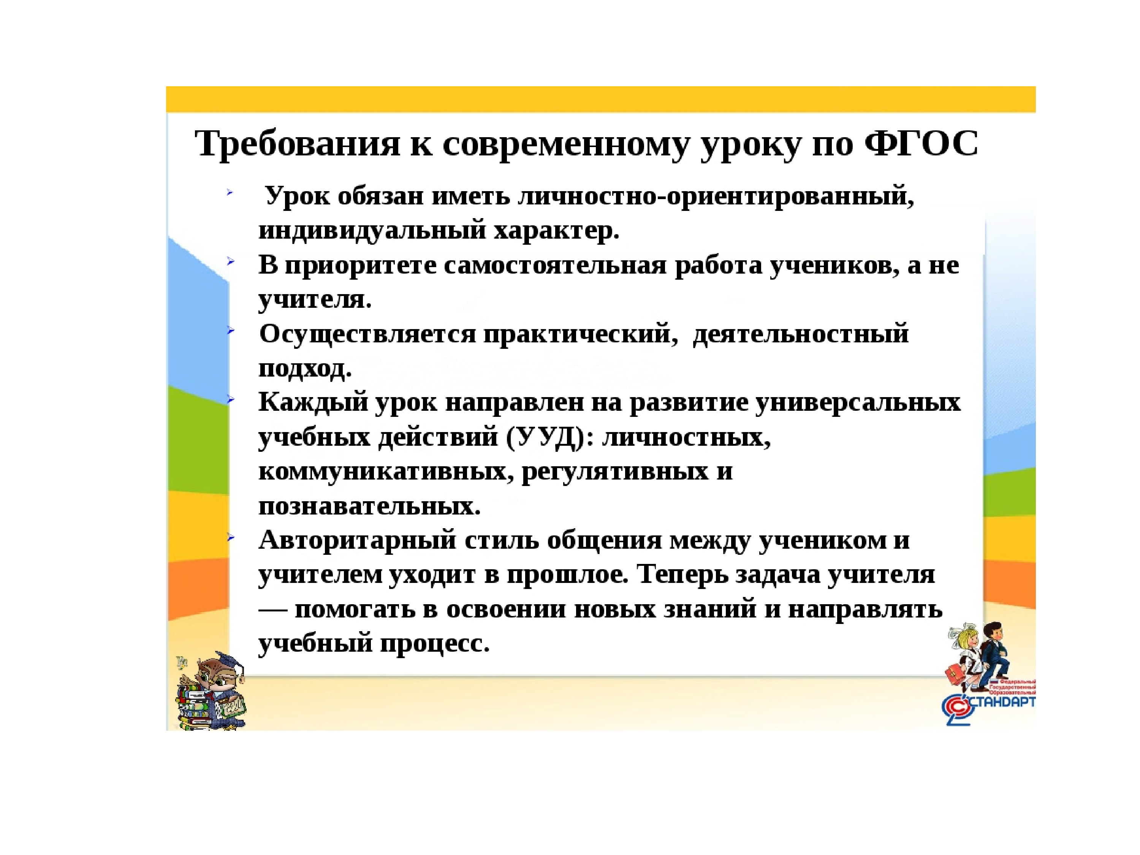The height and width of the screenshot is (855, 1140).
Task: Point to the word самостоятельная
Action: click(555, 265)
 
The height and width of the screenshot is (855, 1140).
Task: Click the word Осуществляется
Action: click(367, 334)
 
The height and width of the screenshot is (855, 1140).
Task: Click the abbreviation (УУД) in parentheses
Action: click(546, 437)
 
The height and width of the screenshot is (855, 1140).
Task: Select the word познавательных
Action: click(369, 506)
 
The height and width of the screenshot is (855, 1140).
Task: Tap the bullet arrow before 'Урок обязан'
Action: click(230, 193)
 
